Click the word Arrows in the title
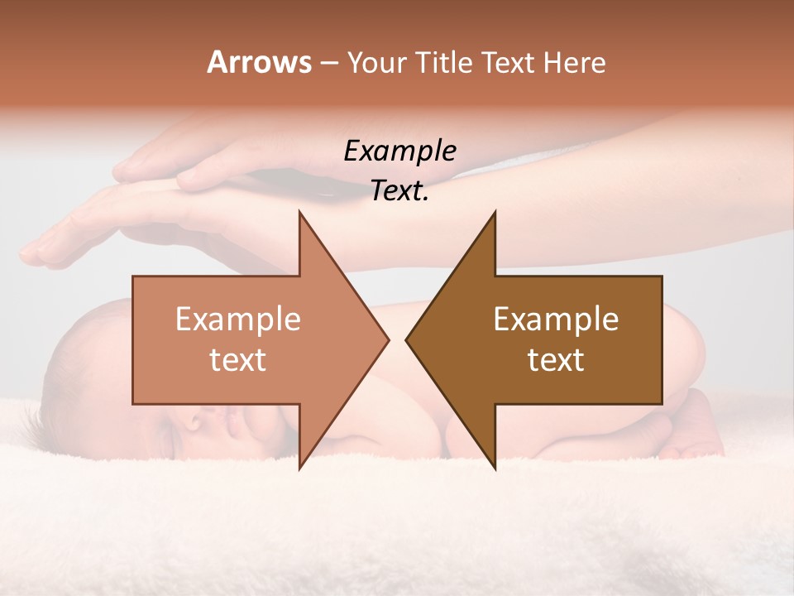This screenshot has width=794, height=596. click(x=258, y=62)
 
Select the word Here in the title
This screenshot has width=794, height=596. click(x=574, y=62)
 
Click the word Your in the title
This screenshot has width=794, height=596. click(x=375, y=62)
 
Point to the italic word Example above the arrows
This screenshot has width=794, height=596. click(x=399, y=151)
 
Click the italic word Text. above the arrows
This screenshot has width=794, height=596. click(x=399, y=190)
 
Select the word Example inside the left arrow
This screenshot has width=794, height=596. click(x=238, y=320)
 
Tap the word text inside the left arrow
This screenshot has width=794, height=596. click(x=238, y=360)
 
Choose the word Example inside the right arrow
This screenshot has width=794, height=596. click(x=556, y=320)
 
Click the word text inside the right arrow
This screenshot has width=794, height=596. click(x=556, y=360)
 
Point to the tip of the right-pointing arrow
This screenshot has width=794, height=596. click(x=388, y=339)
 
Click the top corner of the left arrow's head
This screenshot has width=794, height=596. click(x=299, y=212)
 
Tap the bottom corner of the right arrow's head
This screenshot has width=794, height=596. click(x=495, y=469)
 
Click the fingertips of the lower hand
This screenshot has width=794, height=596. click(x=33, y=252)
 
